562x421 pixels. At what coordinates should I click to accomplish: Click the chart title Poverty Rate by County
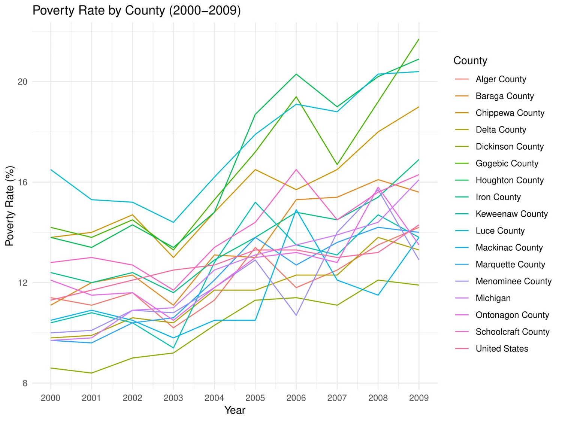136,10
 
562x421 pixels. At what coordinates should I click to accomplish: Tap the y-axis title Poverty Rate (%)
10,205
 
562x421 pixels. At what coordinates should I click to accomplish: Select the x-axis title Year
235,410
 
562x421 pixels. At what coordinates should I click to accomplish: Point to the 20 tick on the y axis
23,82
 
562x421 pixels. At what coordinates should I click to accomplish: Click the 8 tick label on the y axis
25,383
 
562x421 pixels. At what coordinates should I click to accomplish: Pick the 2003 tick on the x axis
173,398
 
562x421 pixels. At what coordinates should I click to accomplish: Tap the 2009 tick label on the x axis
419,398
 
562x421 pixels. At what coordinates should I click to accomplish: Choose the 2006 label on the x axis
296,398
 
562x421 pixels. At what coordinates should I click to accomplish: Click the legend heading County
470,61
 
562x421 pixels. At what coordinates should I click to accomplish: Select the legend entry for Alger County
501,79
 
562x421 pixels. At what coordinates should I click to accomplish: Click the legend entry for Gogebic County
507,164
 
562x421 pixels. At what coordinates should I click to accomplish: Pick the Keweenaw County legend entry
511,214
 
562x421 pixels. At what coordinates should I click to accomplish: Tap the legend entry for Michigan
493,298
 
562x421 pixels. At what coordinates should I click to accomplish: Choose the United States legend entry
502,349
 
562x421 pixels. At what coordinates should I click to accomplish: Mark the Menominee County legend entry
513,281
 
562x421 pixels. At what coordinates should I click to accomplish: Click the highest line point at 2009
419,39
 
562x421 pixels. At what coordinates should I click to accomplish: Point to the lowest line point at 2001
91,373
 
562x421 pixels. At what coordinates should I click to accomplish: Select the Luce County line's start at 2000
51,170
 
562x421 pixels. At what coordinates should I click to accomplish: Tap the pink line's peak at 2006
296,170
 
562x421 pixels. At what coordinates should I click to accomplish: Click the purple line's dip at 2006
296,315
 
